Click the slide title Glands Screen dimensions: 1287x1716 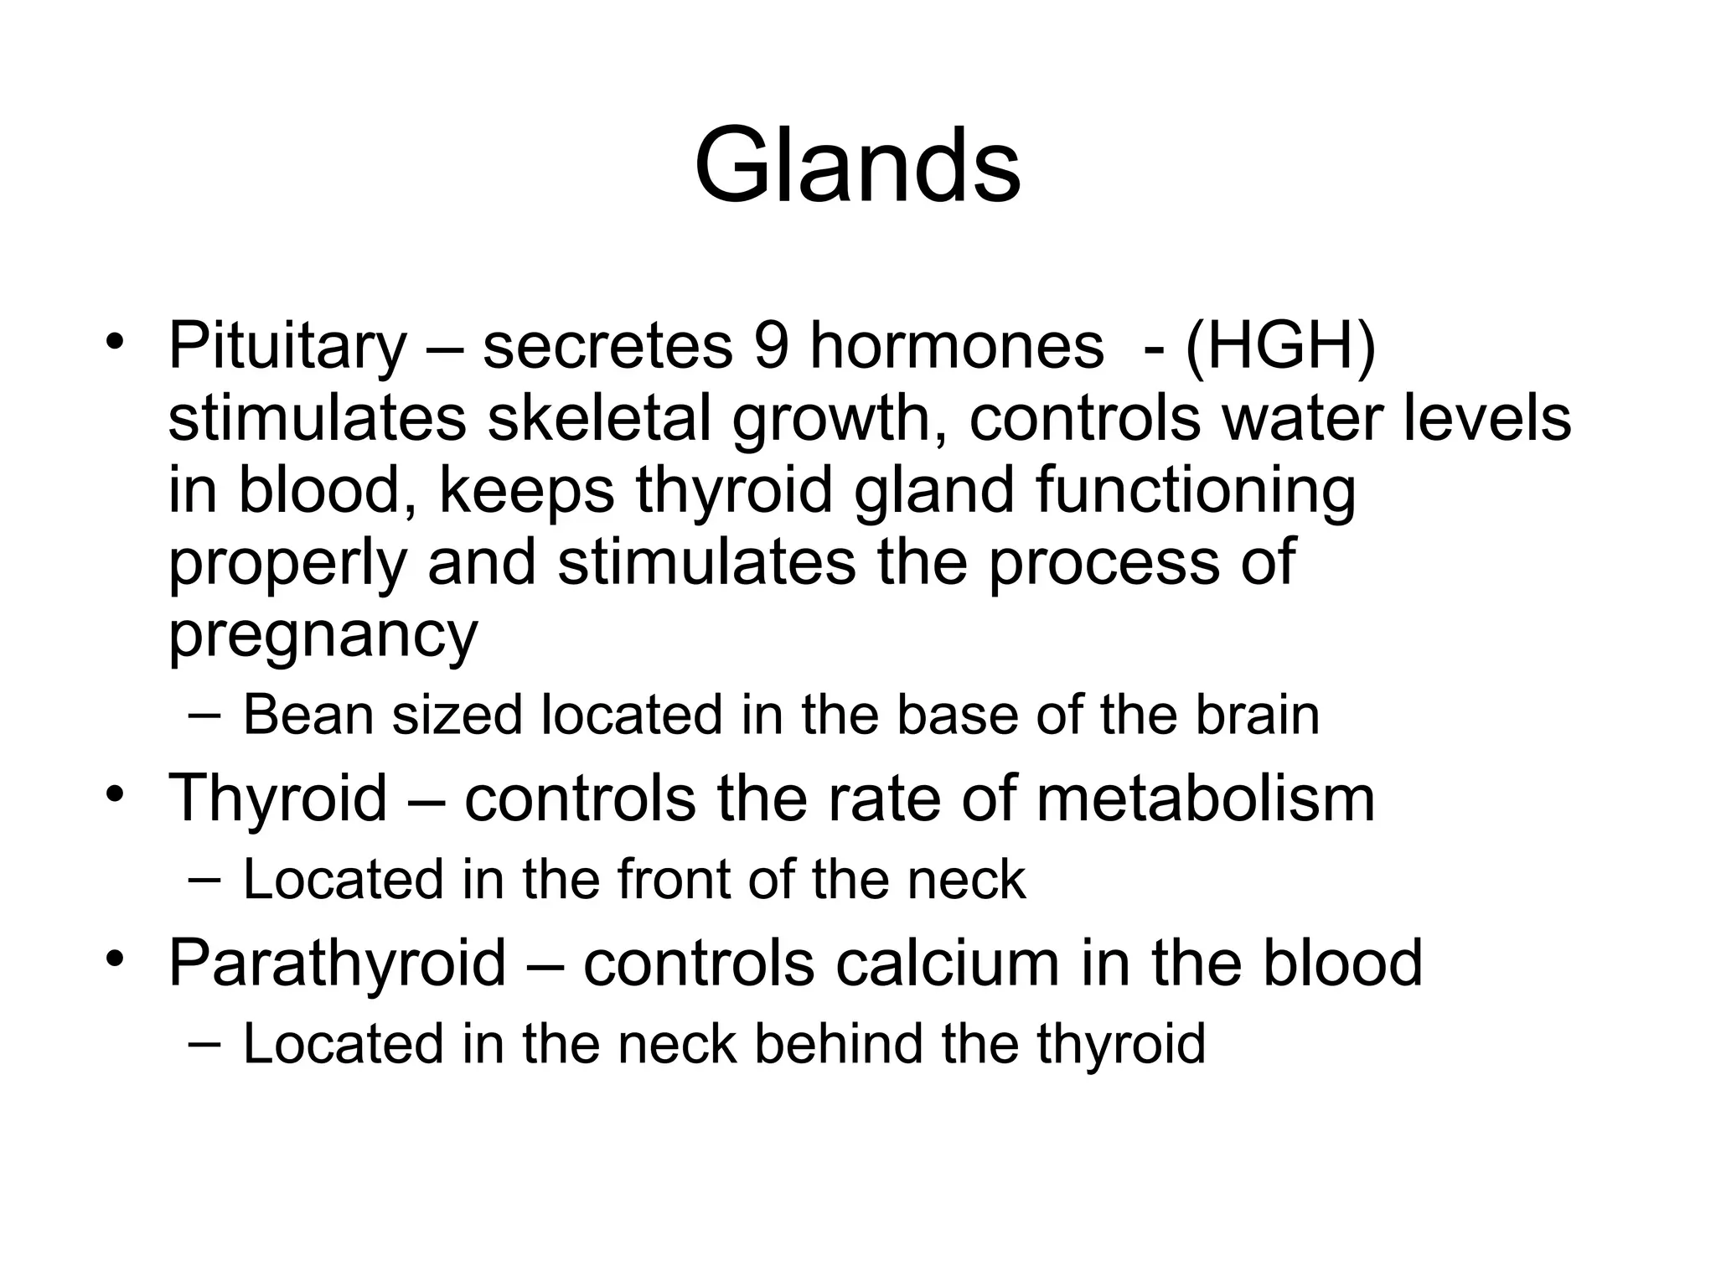pos(857,165)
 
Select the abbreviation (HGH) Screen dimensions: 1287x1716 pos(1280,346)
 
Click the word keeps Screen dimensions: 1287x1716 pos(527,490)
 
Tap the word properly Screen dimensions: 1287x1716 pos(287,563)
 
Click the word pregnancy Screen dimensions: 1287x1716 pos(323,634)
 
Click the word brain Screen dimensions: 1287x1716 pos(1257,715)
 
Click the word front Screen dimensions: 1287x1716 pos(675,879)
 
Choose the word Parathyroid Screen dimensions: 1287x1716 pos(337,962)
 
